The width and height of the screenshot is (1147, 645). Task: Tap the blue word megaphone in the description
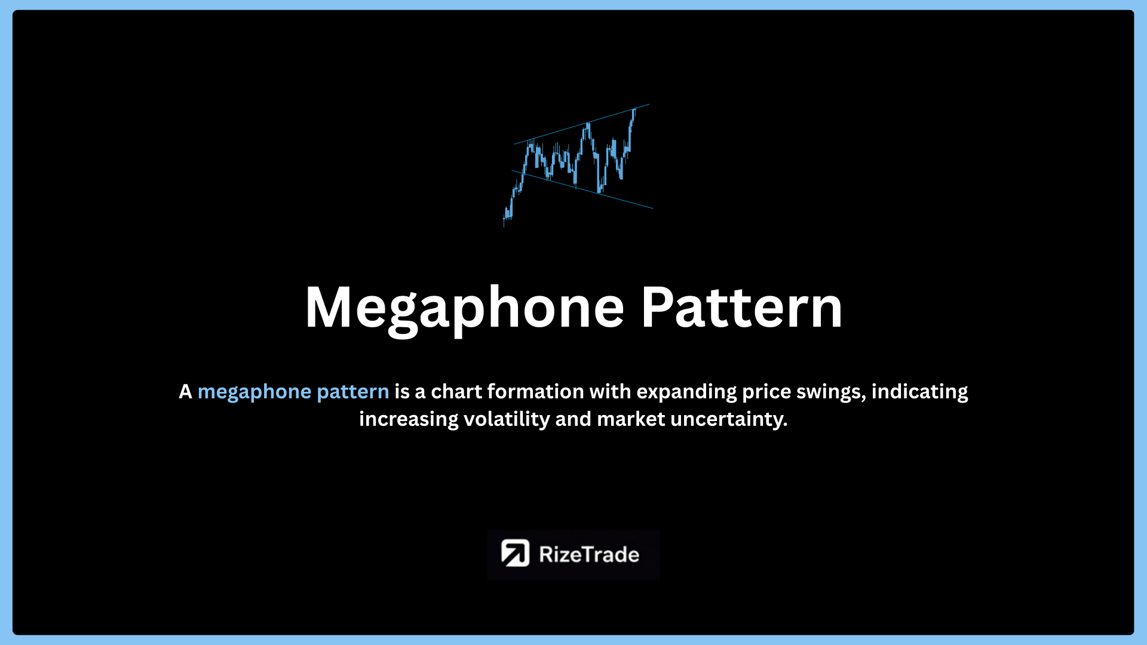pos(254,392)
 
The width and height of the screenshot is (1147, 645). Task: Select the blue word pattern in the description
pos(353,392)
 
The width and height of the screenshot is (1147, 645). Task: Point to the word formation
pos(536,391)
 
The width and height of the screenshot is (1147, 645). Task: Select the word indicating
pos(919,392)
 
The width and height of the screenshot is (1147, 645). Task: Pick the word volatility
pos(507,420)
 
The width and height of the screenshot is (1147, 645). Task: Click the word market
pos(631,419)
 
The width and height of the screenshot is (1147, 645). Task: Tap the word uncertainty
pos(729,420)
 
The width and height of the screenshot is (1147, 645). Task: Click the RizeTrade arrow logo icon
pos(515,554)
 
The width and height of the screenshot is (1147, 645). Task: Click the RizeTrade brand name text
pos(589,555)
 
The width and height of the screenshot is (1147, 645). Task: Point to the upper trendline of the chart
pos(581,124)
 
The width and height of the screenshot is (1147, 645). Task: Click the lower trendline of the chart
pos(582,189)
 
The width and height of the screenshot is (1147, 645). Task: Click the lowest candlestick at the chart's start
pos(505,219)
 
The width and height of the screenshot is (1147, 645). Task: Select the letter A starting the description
pos(185,392)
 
